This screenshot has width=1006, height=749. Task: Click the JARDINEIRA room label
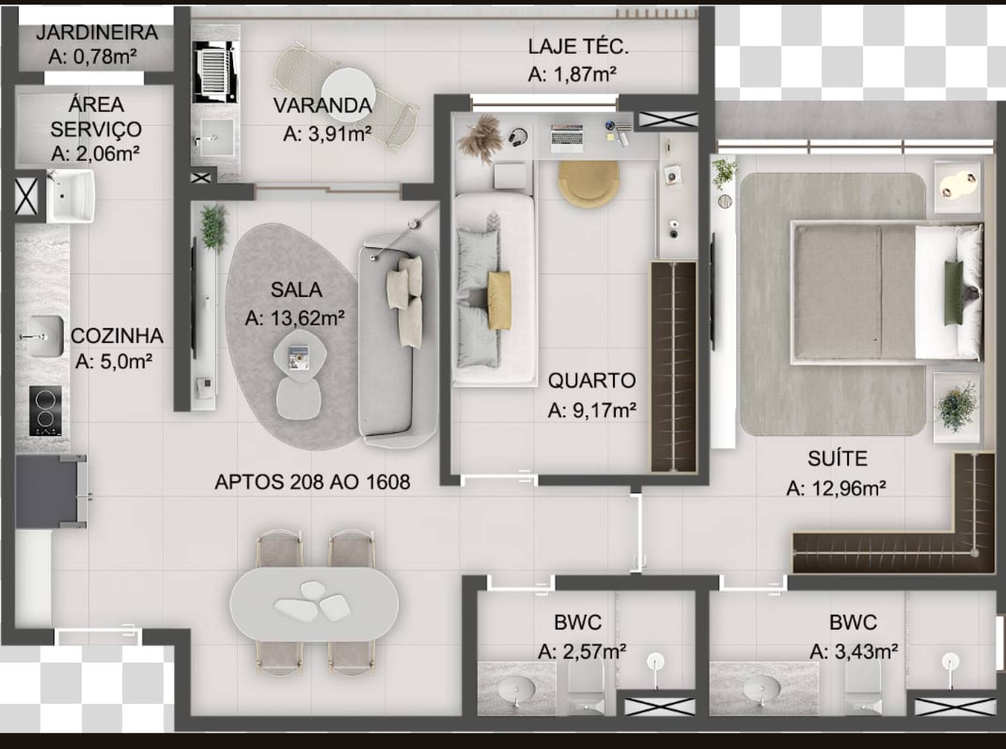pyautogui.click(x=97, y=32)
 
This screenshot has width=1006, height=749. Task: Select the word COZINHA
pyautogui.click(x=117, y=336)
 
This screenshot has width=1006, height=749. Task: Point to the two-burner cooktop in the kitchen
pyautogui.click(x=46, y=411)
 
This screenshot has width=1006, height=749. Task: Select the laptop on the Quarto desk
pyautogui.click(x=567, y=138)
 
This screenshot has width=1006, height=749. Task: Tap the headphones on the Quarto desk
pyautogui.click(x=518, y=138)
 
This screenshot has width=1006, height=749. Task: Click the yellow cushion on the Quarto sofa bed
pyautogui.click(x=499, y=301)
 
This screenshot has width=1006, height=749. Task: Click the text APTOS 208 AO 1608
pyautogui.click(x=312, y=482)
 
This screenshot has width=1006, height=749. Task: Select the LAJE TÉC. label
pyautogui.click(x=578, y=47)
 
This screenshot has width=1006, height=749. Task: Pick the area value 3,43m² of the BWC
pyautogui.click(x=854, y=652)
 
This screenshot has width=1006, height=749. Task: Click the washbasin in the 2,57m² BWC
pyautogui.click(x=517, y=688)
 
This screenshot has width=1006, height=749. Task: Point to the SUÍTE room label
pyautogui.click(x=837, y=459)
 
